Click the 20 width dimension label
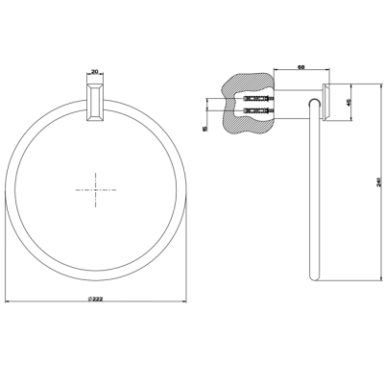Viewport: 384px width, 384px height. pos(95,72)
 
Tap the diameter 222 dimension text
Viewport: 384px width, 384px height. pos(95,299)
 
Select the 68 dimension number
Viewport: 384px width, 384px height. pos(301,67)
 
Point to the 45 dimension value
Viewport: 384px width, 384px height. pos(349,102)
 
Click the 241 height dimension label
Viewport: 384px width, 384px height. pos(378,181)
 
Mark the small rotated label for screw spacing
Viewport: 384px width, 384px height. pos(205,129)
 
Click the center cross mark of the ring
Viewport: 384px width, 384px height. pos(96,190)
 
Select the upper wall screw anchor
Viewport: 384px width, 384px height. pos(258,98)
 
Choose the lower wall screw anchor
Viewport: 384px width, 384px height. pos(258,111)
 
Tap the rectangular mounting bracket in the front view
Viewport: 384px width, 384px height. pos(95,103)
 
